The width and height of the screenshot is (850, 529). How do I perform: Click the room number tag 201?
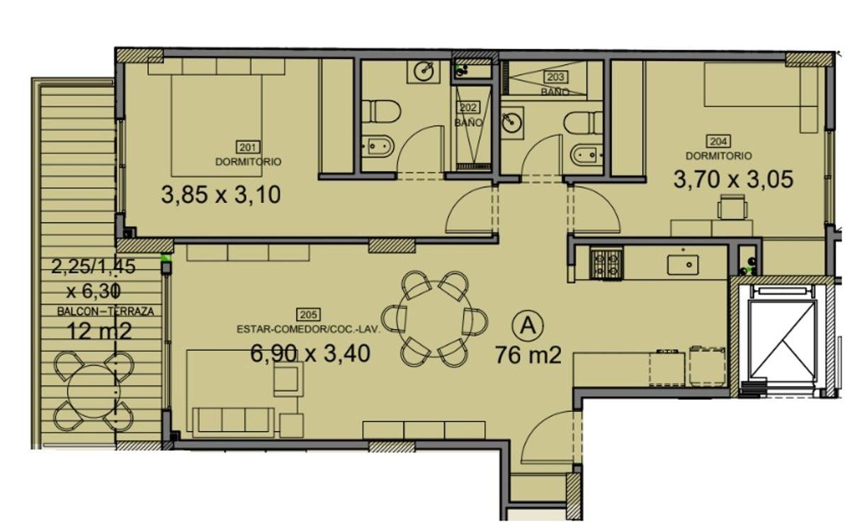[248, 147]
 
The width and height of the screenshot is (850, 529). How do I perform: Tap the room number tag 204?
[718, 141]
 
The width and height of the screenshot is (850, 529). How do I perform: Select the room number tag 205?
[308, 314]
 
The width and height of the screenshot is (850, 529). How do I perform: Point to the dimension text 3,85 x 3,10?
[221, 195]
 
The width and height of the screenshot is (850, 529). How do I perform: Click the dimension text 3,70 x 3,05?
[733, 179]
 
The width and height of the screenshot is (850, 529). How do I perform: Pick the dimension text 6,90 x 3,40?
[310, 353]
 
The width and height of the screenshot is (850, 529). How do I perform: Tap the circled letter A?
[528, 325]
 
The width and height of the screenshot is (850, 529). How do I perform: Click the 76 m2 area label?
[528, 355]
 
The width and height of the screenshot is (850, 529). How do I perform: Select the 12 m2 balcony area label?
[99, 331]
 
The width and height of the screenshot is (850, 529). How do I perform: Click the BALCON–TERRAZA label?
[106, 312]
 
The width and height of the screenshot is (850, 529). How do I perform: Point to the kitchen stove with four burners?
[606, 264]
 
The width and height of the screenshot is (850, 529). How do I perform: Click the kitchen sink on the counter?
[683, 264]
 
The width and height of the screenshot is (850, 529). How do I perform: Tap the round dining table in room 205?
[434, 318]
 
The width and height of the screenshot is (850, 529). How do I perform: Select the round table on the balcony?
[93, 391]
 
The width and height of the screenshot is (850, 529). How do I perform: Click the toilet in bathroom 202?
[380, 111]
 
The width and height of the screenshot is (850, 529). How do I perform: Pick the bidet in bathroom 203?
[587, 155]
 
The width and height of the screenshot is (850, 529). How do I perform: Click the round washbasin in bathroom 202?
[424, 71]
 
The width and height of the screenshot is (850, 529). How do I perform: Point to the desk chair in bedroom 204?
[732, 207]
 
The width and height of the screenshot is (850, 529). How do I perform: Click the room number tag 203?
[555, 77]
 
